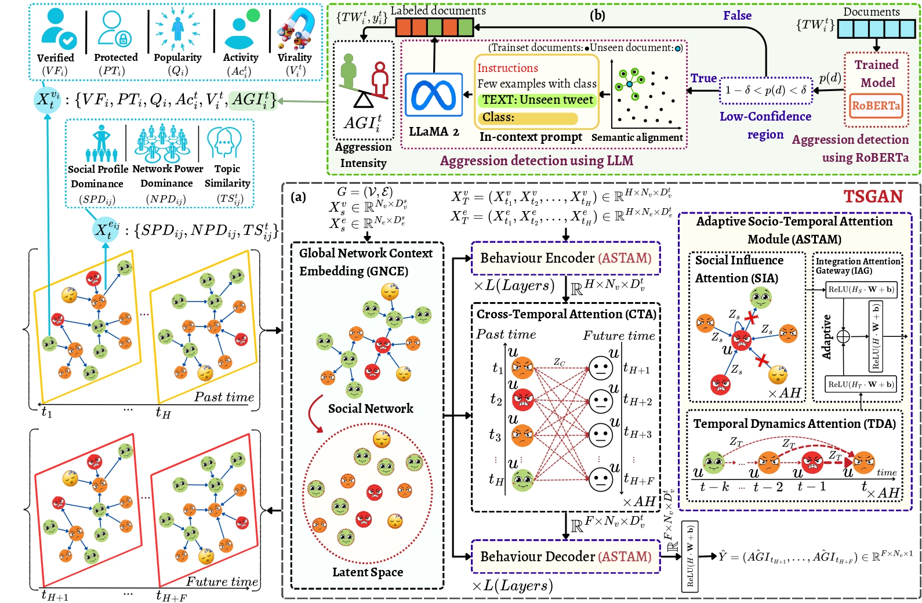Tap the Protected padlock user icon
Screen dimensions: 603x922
click(x=114, y=29)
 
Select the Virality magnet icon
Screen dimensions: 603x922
click(x=295, y=29)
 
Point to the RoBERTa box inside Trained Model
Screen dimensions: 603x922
click(x=876, y=106)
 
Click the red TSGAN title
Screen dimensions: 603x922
click(x=873, y=197)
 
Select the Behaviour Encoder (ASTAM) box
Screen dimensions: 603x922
click(x=565, y=258)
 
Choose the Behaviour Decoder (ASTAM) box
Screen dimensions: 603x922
click(x=565, y=557)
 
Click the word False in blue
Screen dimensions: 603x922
click(x=737, y=16)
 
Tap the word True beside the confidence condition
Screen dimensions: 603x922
click(x=703, y=78)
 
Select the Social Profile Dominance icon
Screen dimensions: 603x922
click(x=101, y=143)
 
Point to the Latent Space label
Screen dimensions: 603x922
click(x=367, y=572)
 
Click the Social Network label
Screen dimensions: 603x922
click(x=371, y=409)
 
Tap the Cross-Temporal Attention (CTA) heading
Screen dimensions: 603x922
click(x=566, y=314)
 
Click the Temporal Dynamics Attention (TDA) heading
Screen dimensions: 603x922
click(x=794, y=424)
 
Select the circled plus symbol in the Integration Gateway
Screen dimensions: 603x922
click(x=843, y=336)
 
